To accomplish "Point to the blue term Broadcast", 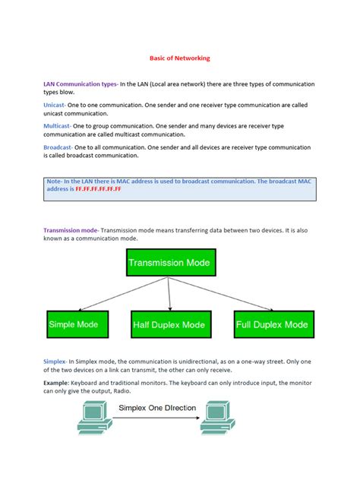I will (58, 147).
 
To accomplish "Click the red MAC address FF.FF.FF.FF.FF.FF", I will (97, 188).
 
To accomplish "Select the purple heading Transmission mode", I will (71, 229).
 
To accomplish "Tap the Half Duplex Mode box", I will (169, 325).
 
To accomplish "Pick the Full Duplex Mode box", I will (271, 325).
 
